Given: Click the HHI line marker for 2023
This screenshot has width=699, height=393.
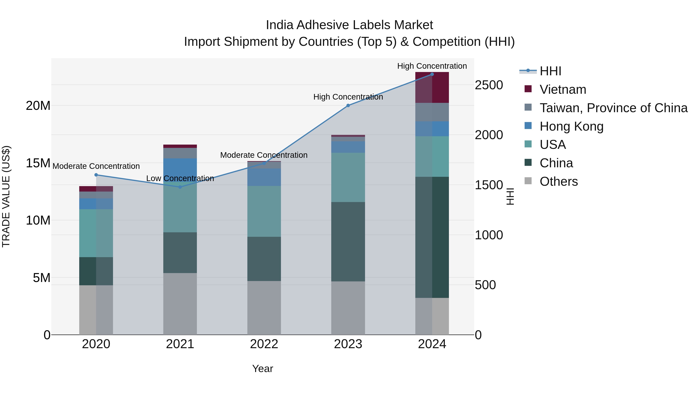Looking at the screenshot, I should tap(348, 106).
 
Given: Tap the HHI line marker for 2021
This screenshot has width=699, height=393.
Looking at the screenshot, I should tap(180, 187).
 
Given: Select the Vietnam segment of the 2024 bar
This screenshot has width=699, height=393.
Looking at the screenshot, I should tap(432, 88).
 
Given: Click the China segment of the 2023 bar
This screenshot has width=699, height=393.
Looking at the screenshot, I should tap(348, 241).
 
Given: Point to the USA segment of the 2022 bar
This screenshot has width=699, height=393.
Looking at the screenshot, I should tap(264, 211).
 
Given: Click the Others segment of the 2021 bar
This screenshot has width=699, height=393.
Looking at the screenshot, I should tap(180, 304).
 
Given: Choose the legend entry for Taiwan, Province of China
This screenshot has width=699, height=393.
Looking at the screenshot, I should tap(613, 108).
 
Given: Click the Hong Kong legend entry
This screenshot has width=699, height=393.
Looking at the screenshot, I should tap(571, 126).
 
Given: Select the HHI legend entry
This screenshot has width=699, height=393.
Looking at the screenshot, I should tap(550, 71).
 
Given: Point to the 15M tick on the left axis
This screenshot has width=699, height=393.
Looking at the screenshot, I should tap(38, 163).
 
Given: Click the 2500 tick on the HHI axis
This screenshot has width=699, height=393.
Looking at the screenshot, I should tap(489, 85).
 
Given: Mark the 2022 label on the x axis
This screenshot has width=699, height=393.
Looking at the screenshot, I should tap(264, 344).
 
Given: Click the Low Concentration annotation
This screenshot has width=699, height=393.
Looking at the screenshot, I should tap(180, 179).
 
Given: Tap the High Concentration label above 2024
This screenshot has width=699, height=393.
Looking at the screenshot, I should tap(432, 66).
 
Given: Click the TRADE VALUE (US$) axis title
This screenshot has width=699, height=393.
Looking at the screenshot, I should tap(6, 196).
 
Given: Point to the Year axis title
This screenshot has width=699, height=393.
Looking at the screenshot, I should tap(262, 369).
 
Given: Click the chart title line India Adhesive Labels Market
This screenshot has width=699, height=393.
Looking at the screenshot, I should tap(349, 25).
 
